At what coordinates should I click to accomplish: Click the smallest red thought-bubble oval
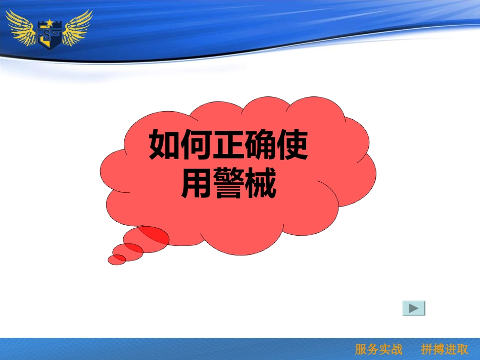(117, 260)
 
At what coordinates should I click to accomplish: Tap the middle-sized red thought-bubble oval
(128, 251)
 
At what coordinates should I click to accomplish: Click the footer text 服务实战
(379, 349)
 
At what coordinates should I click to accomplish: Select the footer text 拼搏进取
(445, 349)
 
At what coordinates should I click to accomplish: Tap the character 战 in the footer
(397, 349)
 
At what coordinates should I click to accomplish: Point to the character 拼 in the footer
(427, 349)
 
